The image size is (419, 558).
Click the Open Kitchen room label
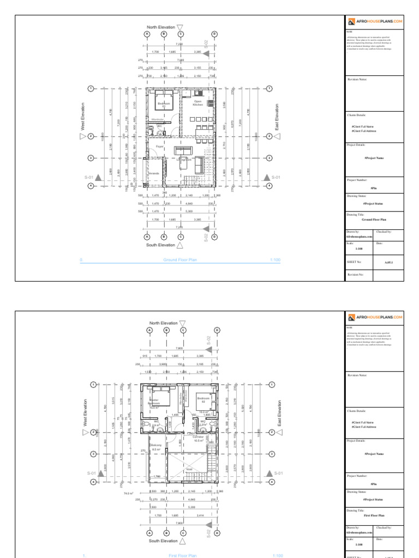197,102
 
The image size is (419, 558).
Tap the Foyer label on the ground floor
160,147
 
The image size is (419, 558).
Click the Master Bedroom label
154,403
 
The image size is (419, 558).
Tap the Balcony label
155,446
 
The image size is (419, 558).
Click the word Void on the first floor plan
189,469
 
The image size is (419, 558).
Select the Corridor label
198,438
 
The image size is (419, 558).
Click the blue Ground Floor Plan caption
180,260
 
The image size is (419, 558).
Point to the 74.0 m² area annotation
129,493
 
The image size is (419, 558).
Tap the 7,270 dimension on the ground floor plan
180,226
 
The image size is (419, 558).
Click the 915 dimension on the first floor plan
145,356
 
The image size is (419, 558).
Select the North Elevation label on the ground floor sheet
161,27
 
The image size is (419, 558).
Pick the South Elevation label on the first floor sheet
163,541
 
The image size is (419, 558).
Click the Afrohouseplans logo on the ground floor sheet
376,22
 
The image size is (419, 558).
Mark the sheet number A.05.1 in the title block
389,262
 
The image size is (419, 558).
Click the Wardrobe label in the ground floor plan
157,119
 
